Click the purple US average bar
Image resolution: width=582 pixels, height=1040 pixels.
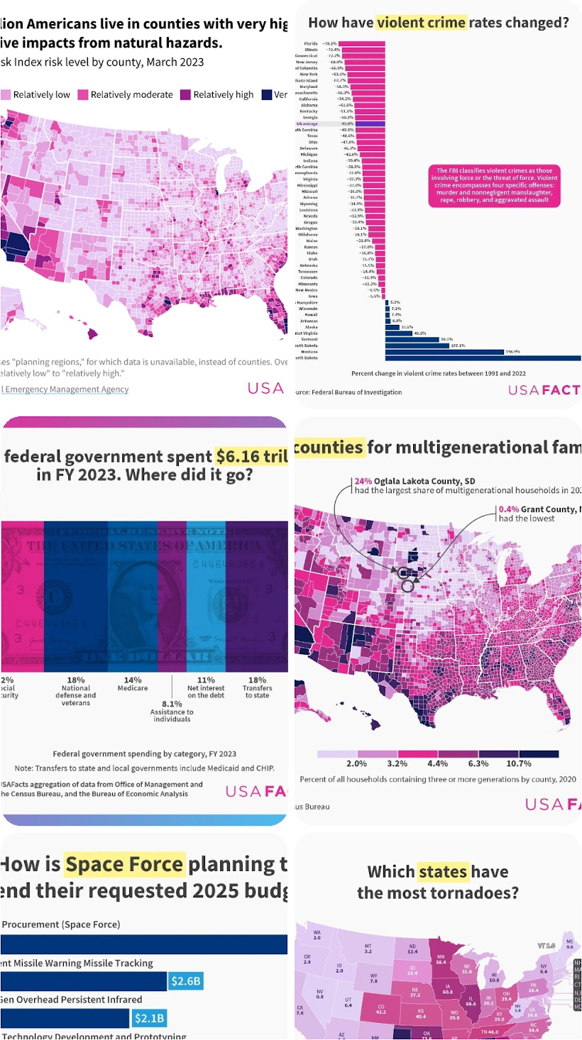tap(370, 123)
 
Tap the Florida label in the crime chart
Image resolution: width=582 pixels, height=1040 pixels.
tap(311, 43)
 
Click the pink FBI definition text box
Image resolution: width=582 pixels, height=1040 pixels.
tap(494, 186)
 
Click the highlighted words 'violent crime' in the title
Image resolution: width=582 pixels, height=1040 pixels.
tap(422, 22)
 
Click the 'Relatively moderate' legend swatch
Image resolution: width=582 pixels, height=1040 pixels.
tap(82, 94)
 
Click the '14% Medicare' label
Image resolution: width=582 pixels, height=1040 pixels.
tap(133, 684)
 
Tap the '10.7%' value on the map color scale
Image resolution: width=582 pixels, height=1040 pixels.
tap(519, 763)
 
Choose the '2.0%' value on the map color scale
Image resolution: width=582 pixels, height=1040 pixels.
tap(356, 763)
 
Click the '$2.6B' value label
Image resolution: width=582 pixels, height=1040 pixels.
tap(186, 981)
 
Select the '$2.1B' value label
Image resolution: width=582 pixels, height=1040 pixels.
tap(149, 1019)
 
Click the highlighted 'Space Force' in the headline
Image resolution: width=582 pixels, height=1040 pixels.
tap(124, 864)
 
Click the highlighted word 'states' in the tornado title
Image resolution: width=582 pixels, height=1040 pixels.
tap(443, 871)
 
